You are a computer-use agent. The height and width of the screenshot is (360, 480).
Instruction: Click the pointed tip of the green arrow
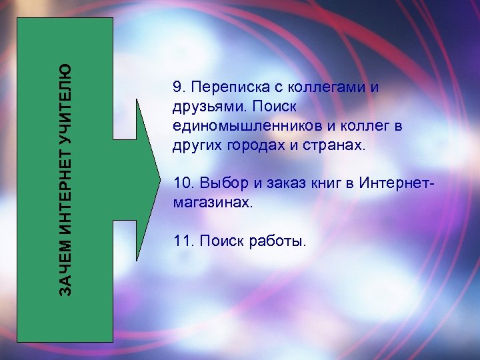click(160, 179)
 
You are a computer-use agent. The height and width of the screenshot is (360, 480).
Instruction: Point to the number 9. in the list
click(178, 87)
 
